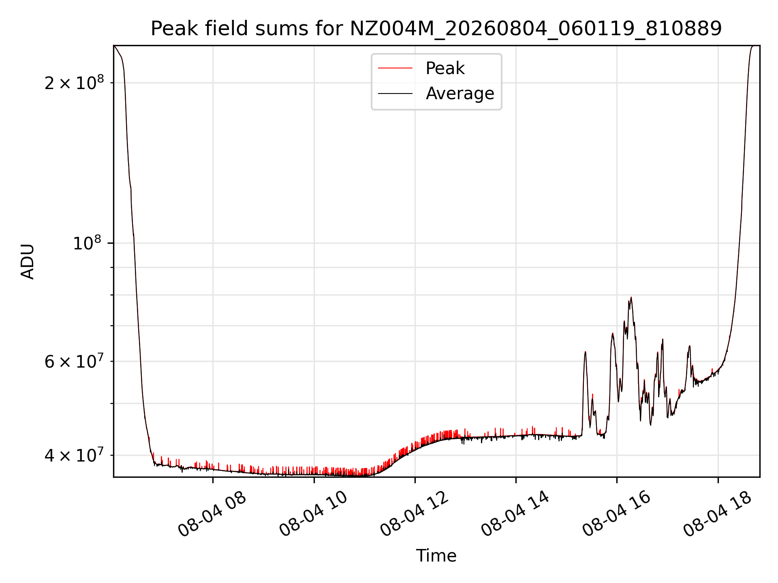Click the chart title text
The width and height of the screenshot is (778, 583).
[x=436, y=29]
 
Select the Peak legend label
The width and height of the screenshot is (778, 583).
[x=445, y=68]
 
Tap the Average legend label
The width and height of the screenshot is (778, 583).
[x=460, y=94]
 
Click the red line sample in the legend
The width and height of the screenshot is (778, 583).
[x=395, y=68]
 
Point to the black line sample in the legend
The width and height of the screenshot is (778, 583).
[x=395, y=94]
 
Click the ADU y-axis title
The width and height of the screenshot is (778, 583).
[x=28, y=261]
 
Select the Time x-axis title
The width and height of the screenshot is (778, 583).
[x=436, y=555]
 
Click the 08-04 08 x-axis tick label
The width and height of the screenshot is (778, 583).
[x=212, y=514]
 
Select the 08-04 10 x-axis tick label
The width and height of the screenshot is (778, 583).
[x=313, y=514]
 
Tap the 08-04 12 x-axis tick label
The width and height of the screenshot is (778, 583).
[x=414, y=514]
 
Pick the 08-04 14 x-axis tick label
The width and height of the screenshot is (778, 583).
[x=515, y=514]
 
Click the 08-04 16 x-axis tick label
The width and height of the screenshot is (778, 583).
[x=616, y=514]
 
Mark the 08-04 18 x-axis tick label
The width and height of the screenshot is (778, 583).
[x=717, y=514]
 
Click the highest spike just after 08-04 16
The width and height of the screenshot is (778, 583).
[x=631, y=298]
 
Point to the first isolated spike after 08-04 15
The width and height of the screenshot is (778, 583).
[x=585, y=352]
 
